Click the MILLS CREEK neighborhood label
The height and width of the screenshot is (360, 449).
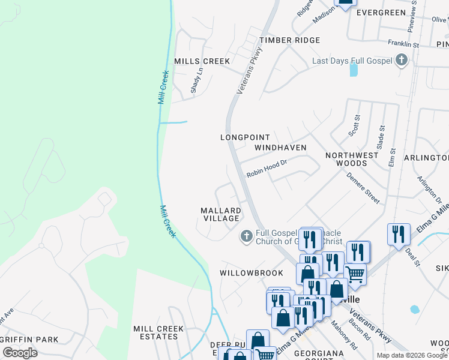(202, 61)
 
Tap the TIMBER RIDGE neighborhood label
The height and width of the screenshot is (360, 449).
(289, 40)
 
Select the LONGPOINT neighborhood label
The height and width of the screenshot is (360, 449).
(245, 137)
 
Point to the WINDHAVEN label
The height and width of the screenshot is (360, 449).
(280, 148)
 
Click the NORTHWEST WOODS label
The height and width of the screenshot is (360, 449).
(352, 159)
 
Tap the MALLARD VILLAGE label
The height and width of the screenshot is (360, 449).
(221, 215)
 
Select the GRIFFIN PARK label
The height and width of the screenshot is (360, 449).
(30, 340)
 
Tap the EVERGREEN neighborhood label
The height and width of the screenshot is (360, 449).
(381, 13)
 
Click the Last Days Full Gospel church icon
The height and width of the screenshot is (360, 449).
(402, 61)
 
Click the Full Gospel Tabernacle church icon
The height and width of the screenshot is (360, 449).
(246, 236)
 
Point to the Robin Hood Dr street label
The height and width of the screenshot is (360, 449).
(267, 168)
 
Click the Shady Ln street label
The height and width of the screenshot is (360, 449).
(196, 79)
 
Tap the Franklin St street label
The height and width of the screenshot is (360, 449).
(403, 44)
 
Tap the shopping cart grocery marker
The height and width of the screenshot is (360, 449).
(355, 273)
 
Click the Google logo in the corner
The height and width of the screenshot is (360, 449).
(20, 353)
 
